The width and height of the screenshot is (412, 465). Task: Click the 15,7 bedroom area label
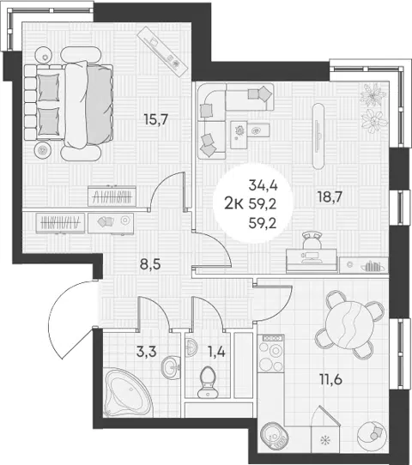tap(155, 119)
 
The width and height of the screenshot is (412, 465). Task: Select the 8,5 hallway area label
tap(150, 263)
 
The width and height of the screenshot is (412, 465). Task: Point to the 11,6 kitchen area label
tap(330, 379)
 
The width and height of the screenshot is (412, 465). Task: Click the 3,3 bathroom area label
tap(146, 352)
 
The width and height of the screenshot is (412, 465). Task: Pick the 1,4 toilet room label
tap(216, 353)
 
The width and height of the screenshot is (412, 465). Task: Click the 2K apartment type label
tap(234, 204)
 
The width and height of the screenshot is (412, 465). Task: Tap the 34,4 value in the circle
tap(263, 185)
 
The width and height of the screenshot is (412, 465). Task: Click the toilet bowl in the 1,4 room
tap(208, 382)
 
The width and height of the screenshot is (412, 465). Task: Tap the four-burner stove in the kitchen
tap(271, 353)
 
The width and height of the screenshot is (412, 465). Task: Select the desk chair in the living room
tap(312, 240)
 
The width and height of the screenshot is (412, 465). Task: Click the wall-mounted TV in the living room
tap(318, 136)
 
